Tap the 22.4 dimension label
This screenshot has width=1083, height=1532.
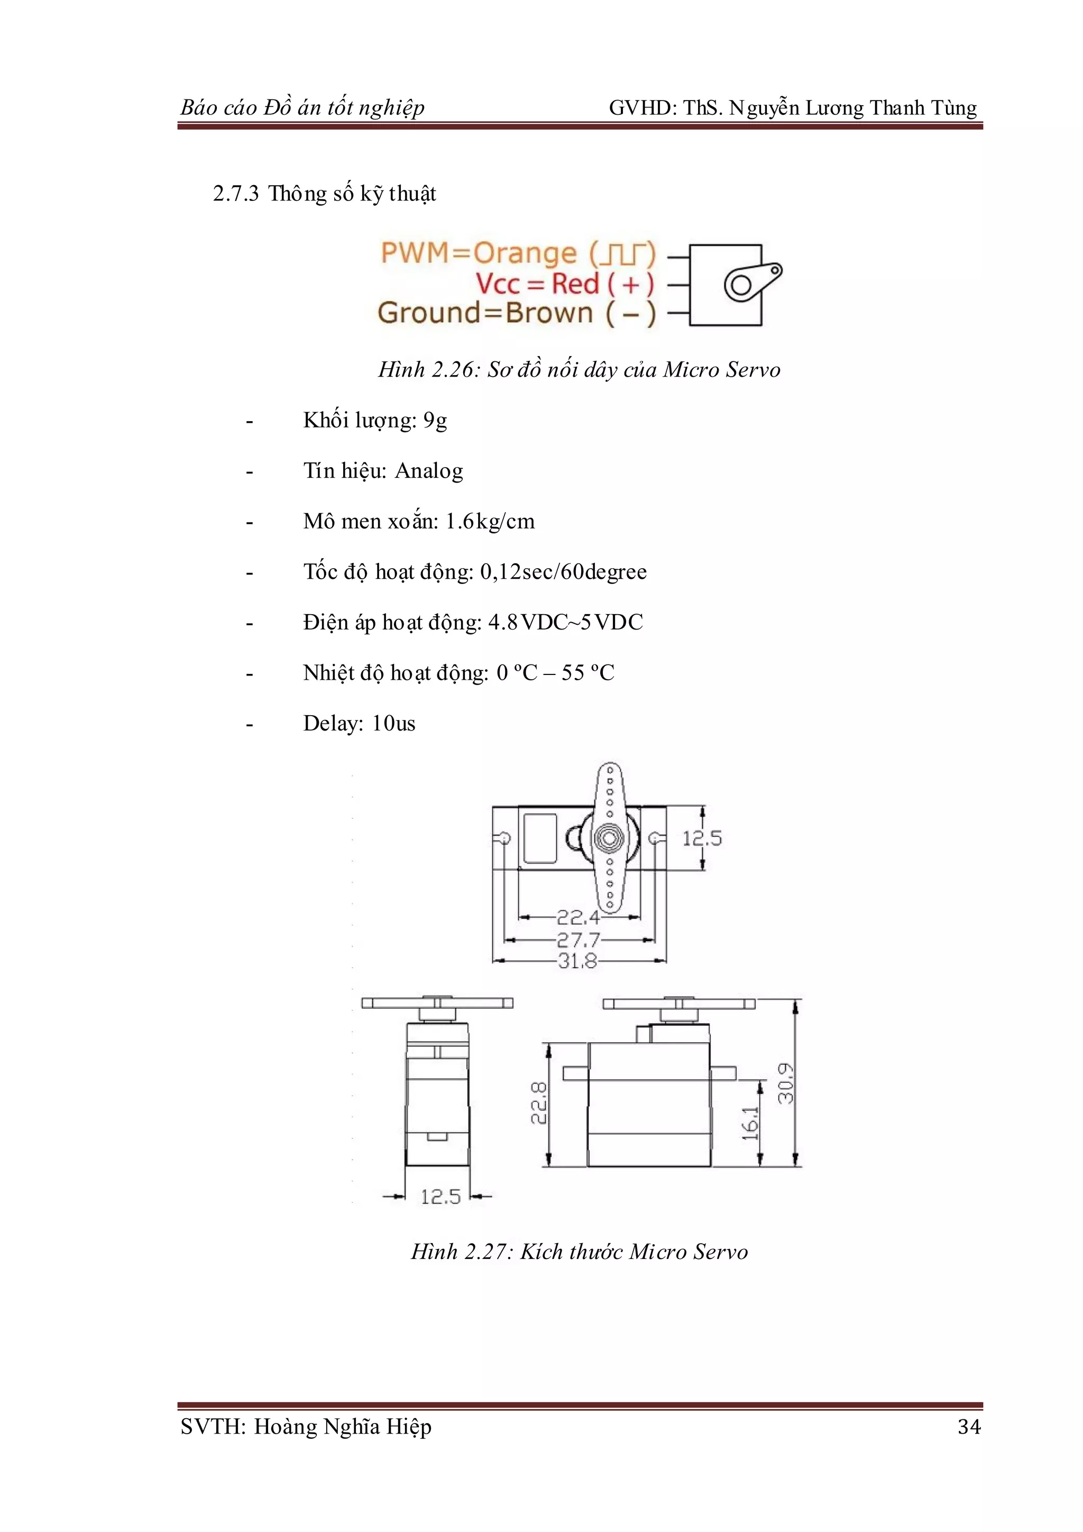click(x=578, y=917)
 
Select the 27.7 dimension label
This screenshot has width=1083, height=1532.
click(x=578, y=940)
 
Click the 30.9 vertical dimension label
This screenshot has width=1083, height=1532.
click(x=786, y=1083)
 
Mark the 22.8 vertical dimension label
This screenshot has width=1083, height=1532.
click(x=539, y=1102)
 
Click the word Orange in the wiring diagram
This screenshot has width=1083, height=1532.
click(x=525, y=253)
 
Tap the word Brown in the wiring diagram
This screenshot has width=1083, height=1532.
click(x=549, y=313)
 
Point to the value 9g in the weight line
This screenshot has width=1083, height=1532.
click(x=435, y=421)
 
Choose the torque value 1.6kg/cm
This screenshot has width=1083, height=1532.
click(x=490, y=521)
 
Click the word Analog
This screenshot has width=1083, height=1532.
click(x=429, y=471)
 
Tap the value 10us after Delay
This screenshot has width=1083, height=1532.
click(x=393, y=723)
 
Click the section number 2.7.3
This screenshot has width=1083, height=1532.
click(x=235, y=194)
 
